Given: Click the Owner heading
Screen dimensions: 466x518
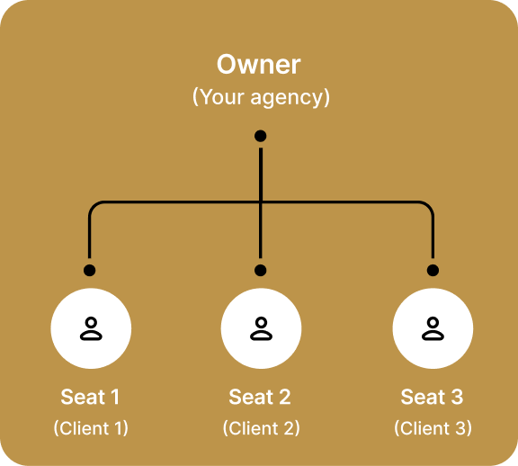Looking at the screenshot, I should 260,65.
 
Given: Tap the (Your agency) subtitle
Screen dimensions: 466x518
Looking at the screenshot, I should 261,96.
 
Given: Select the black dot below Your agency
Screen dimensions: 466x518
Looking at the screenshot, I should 261,136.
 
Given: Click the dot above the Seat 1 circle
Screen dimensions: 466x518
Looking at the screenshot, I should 89,270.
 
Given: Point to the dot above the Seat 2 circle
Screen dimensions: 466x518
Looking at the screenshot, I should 261,270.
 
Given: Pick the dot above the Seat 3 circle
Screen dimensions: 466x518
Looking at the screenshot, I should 433,270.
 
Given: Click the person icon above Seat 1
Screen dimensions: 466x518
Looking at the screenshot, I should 91,329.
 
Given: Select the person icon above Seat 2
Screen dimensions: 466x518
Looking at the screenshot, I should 261,329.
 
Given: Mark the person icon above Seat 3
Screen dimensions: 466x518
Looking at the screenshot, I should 433,329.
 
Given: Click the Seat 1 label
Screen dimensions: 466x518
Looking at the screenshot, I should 90,397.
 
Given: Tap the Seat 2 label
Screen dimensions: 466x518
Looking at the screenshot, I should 260,397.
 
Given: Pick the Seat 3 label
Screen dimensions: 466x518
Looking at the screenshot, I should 432,397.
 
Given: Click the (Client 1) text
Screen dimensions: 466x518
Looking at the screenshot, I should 91,428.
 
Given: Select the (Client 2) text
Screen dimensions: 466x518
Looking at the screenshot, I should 261,428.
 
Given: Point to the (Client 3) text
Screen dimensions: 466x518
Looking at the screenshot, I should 433,428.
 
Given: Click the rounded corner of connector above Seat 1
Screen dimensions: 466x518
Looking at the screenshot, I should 93,206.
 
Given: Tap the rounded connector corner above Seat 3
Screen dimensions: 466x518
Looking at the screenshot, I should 429,206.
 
